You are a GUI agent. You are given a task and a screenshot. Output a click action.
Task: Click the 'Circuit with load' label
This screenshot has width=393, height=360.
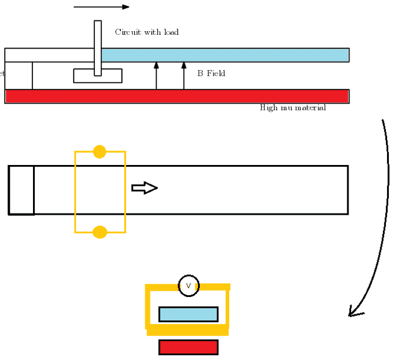point(146,32)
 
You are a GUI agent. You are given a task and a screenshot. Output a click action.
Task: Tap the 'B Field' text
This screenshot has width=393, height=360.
point(211,73)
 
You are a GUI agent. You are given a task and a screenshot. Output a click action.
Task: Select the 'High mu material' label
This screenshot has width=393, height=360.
point(293,108)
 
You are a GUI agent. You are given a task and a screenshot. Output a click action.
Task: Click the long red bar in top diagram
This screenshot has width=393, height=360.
point(177,96)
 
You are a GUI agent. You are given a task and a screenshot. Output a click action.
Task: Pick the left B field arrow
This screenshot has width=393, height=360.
point(157,75)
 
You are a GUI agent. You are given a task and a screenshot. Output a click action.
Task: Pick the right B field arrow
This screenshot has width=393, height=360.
point(184,75)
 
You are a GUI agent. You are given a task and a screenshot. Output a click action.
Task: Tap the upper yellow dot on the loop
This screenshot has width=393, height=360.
point(100,152)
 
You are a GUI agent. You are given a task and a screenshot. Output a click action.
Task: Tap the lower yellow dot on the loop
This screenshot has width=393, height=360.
point(100,232)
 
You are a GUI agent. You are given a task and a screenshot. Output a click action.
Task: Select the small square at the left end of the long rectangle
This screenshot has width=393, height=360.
point(21,190)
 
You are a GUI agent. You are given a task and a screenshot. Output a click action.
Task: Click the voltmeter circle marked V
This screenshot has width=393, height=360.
point(188,286)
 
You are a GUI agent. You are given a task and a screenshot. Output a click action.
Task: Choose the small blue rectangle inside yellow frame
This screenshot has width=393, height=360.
point(188,314)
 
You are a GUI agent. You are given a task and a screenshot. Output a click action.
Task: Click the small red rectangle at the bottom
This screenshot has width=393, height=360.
point(188,347)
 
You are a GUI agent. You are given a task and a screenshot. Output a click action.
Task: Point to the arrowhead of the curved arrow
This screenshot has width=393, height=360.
point(354,312)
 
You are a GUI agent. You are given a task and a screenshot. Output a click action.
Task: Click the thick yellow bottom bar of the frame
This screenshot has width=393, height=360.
point(188,331)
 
